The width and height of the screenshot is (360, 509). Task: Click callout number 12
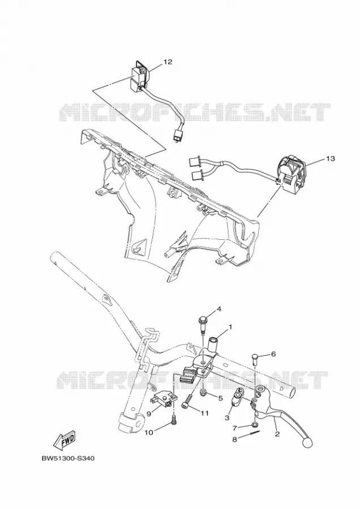(x=168, y=62)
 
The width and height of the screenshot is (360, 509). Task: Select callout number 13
(x=331, y=158)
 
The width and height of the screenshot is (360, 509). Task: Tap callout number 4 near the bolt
(x=219, y=309)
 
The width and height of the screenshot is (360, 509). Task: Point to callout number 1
(x=230, y=327)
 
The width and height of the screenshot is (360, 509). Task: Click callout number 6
(x=273, y=354)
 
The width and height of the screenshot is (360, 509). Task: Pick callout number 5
(x=221, y=398)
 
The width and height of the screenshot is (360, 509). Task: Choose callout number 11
(x=204, y=413)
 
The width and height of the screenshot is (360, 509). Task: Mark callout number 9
(x=149, y=413)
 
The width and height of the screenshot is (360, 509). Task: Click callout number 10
(x=148, y=432)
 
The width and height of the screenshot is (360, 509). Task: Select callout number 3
(x=227, y=417)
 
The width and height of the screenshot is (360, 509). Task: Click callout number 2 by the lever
(x=277, y=434)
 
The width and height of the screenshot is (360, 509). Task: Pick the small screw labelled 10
(x=174, y=420)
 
